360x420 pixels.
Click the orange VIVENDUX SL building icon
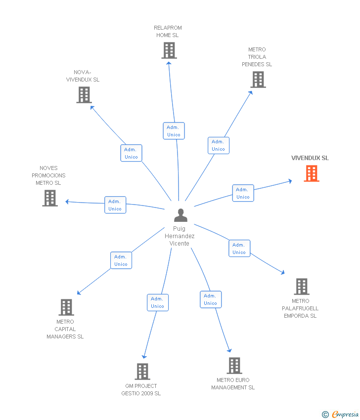tap(312, 173)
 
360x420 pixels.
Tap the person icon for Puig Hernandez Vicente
tap(180, 215)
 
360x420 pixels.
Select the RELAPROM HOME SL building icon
tap(169, 50)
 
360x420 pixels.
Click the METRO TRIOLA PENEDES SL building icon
tap(258, 80)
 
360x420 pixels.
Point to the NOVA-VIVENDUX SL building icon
tap(84, 95)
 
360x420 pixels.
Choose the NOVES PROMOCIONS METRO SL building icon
tap(50, 198)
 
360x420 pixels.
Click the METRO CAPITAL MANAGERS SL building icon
tap(66, 307)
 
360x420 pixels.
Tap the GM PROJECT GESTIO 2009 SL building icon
tap(142, 372)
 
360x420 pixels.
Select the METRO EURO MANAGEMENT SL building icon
tap(234, 366)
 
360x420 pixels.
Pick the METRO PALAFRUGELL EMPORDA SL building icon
tap(302, 287)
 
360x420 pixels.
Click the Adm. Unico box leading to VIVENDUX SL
tap(243, 193)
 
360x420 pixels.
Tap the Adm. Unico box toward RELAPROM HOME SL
tap(174, 131)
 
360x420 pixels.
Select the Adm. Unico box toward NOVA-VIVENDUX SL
tap(132, 153)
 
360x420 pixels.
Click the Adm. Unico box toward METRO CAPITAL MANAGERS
tap(121, 260)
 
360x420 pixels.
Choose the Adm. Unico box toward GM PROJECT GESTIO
tap(158, 303)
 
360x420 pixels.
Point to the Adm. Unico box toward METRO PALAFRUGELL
tap(239, 249)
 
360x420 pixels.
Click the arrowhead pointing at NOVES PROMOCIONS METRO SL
tap(67, 202)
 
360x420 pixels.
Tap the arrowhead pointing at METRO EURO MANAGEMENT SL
tap(229, 350)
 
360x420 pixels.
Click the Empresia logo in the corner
tap(340, 415)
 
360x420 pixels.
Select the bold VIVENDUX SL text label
tap(310, 158)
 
